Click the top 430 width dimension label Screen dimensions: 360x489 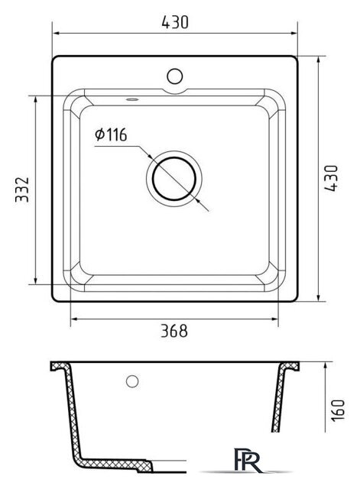tap(175, 22)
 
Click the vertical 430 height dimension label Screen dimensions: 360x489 tap(331, 178)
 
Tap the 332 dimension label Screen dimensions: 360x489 tap(22, 189)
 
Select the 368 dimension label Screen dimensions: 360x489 tap(174, 331)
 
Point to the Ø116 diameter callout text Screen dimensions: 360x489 tap(112, 134)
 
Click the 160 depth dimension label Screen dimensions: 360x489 tap(338, 410)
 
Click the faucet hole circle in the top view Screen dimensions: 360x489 tap(175, 76)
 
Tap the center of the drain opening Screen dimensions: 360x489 tap(174, 179)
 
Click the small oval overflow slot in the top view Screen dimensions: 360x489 tap(132, 99)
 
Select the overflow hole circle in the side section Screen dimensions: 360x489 tap(132, 381)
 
